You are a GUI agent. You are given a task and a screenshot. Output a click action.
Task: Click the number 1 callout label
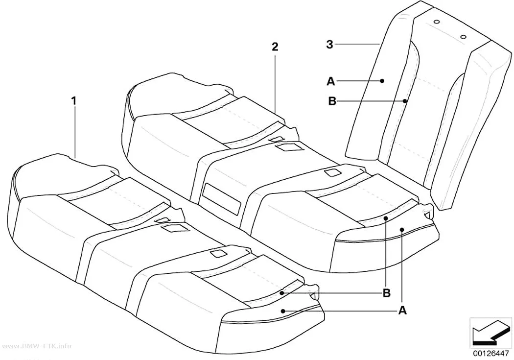(x=74, y=101)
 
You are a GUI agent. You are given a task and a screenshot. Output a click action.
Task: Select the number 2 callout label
(x=275, y=47)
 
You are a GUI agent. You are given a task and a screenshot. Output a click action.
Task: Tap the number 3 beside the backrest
(x=329, y=44)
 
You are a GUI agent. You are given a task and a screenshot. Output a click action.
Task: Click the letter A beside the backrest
(x=331, y=72)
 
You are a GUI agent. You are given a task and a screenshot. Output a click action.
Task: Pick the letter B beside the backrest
(x=332, y=101)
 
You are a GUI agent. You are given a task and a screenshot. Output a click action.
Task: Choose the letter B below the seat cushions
(x=387, y=293)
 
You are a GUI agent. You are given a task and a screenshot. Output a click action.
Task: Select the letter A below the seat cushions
(x=402, y=310)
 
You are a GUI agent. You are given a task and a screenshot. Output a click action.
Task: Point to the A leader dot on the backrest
(x=382, y=72)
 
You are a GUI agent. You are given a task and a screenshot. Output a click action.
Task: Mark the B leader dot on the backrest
(x=405, y=101)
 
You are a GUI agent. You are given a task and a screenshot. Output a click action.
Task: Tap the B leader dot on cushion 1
(x=282, y=293)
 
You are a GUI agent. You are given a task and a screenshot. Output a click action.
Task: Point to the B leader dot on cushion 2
(x=386, y=217)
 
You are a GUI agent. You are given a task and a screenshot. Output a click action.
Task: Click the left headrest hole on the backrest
(x=436, y=22)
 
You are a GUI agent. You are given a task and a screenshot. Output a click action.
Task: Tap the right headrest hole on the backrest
(x=463, y=37)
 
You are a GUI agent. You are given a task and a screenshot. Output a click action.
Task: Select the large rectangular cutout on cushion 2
(x=222, y=199)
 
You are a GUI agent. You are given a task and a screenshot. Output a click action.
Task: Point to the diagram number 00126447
(x=491, y=354)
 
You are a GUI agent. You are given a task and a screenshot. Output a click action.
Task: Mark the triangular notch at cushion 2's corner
(x=428, y=215)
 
